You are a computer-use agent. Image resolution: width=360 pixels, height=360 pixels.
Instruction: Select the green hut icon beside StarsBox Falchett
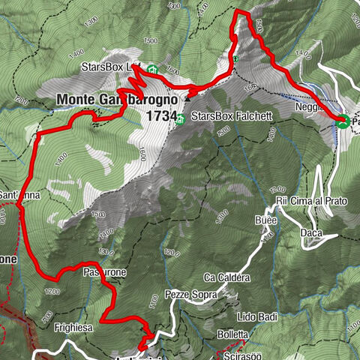click(x=181, y=118)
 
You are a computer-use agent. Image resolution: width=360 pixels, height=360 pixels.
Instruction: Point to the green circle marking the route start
click(x=342, y=121)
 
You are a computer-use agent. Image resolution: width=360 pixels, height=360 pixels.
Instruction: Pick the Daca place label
click(x=310, y=235)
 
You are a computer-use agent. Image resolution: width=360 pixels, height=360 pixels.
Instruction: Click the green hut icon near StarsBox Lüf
click(x=151, y=68)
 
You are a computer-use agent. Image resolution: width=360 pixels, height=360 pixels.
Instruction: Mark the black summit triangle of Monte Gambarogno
click(x=187, y=96)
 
